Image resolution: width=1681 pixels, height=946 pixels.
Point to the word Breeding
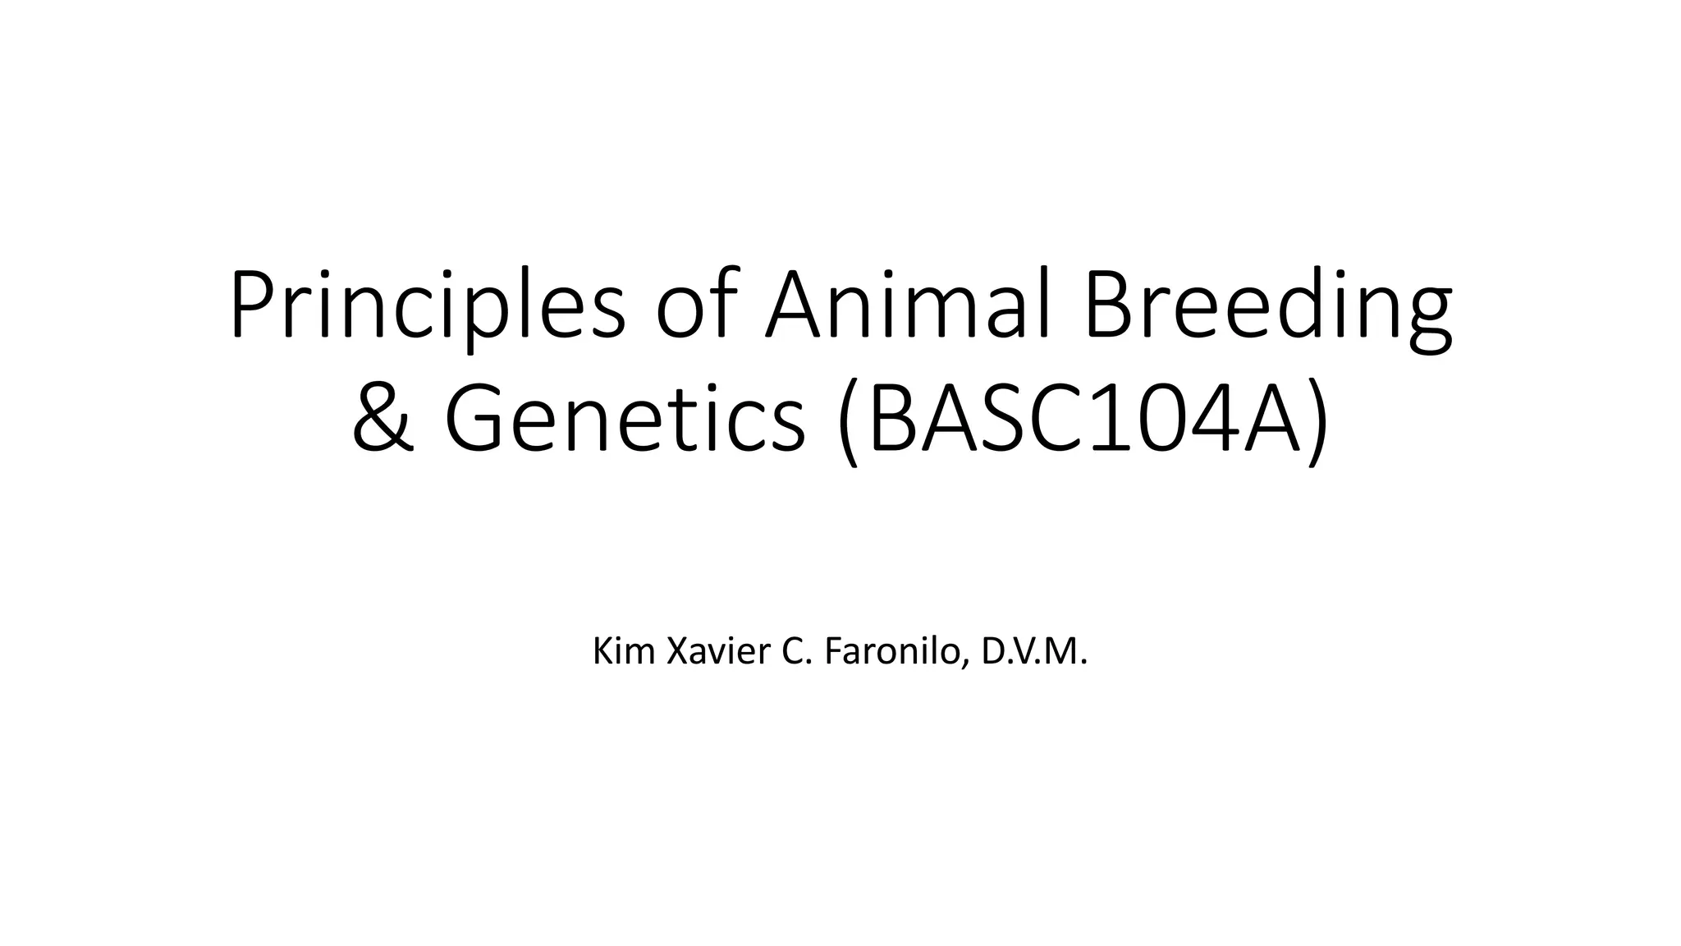1268,305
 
